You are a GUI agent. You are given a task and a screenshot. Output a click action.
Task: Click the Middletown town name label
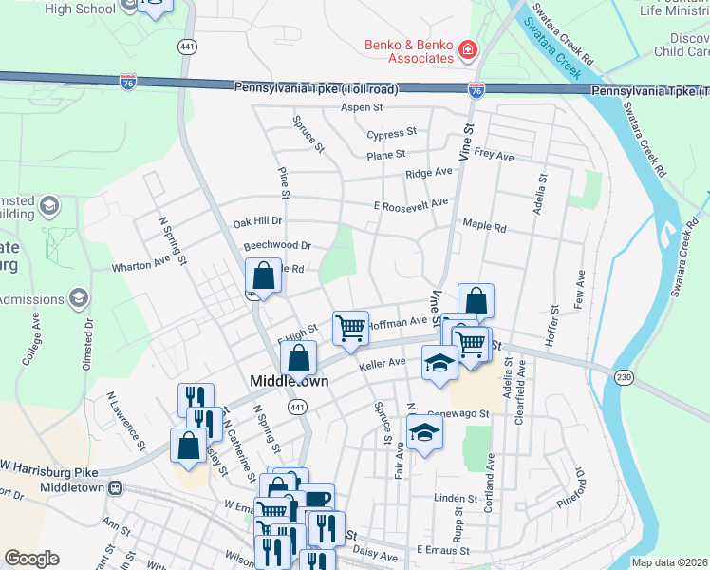[289, 381]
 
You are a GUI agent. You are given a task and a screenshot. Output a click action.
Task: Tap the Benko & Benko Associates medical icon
[467, 49]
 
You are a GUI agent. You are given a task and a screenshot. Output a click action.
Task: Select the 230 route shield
[624, 376]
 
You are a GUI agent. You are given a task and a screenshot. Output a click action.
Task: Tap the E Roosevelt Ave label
[410, 204]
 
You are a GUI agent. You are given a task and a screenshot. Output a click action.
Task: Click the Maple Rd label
[484, 226]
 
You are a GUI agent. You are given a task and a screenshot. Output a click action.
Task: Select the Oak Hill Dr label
[258, 223]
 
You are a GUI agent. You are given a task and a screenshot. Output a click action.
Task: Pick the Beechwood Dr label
[277, 246]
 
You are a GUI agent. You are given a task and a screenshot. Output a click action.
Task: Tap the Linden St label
[455, 498]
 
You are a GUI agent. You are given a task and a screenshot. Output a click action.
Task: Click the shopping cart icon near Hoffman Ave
[350, 328]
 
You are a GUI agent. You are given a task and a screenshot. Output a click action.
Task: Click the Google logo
[31, 559]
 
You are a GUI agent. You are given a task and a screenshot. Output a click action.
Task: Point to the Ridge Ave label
[429, 174]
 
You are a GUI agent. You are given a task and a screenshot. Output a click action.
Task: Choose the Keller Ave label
[383, 362]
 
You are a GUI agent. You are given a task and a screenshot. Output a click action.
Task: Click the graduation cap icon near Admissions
[78, 299]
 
